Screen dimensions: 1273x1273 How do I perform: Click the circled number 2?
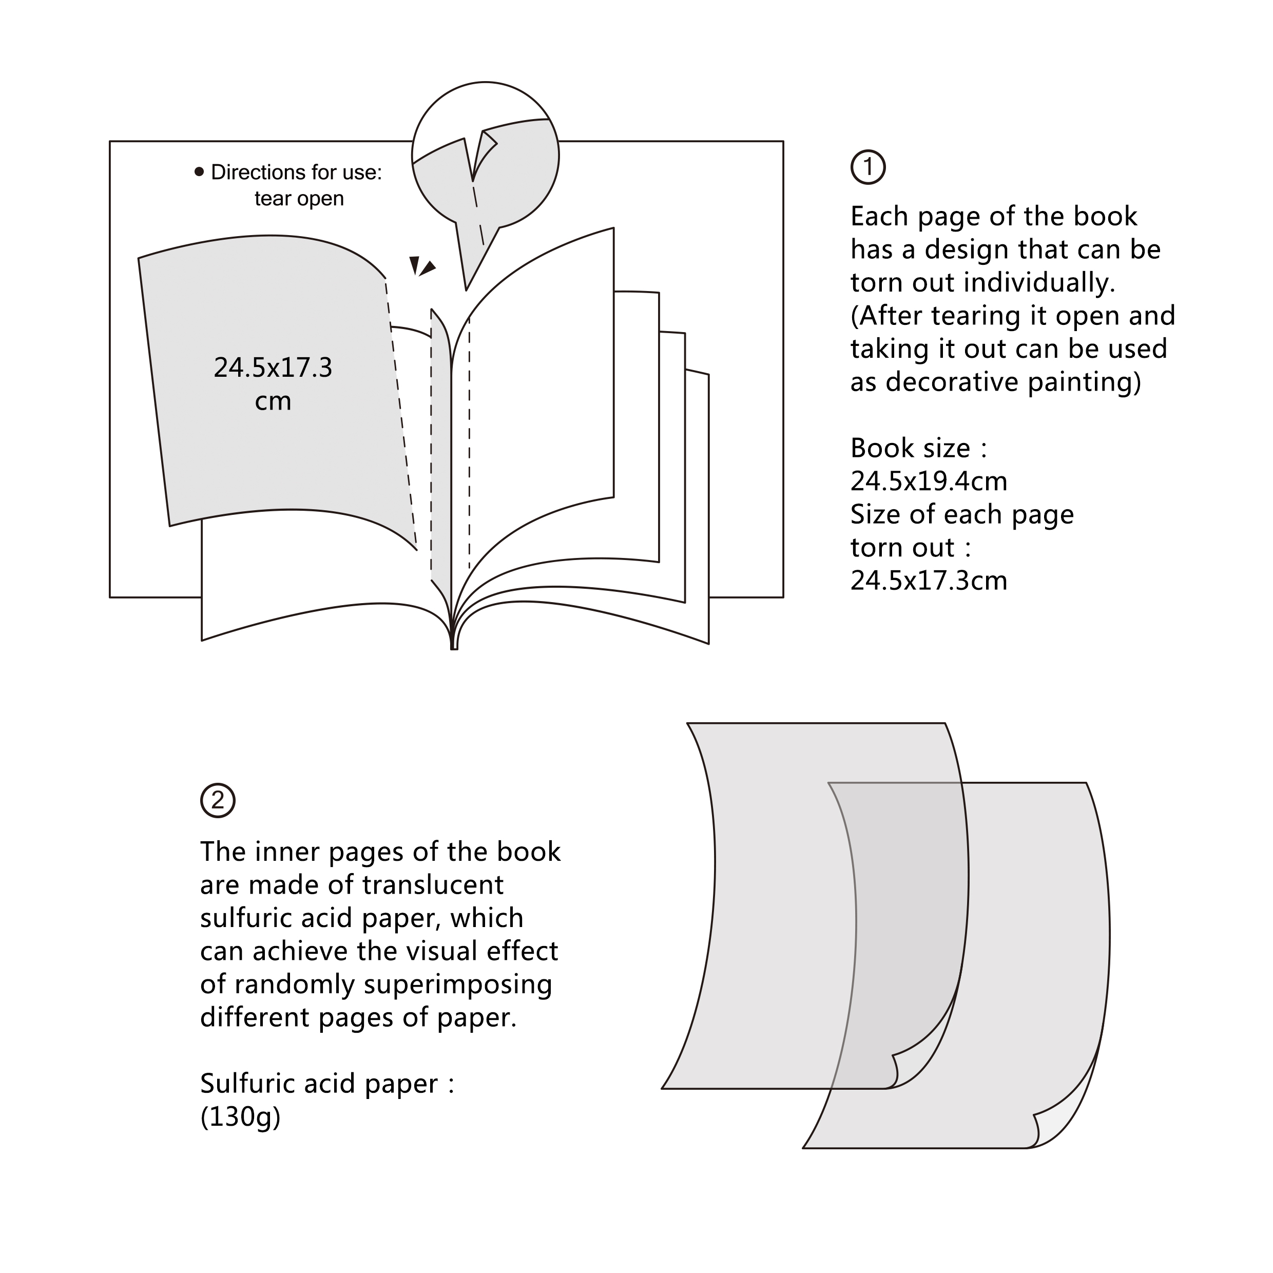click(x=218, y=801)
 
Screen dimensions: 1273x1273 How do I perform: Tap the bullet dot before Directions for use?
click(x=199, y=172)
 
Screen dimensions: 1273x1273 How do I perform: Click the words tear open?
click(x=299, y=198)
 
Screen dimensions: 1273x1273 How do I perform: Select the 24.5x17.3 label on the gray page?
click(x=273, y=368)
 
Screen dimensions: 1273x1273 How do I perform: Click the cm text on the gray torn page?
click(x=273, y=401)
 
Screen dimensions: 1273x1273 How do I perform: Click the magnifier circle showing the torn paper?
click(x=486, y=156)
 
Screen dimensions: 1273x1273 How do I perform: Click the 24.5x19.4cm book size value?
click(x=929, y=481)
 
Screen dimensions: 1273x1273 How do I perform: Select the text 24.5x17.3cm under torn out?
click(x=929, y=581)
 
